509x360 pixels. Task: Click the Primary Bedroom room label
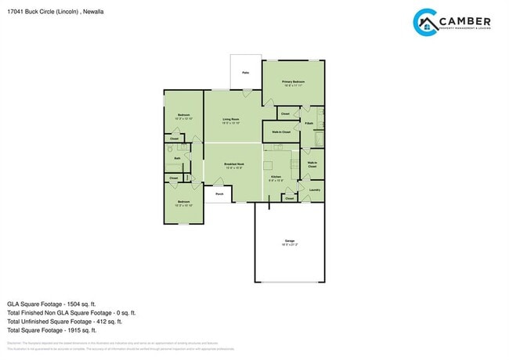coord(293,81)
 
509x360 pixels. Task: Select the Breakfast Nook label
coord(234,164)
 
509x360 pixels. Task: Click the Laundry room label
coord(314,189)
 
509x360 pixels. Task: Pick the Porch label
coord(219,193)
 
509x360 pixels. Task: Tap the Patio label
coord(245,73)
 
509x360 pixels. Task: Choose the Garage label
coord(289,240)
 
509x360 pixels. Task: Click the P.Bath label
coord(309,124)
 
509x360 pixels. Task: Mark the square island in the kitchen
coord(269,165)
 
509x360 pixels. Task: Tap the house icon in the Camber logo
coord(428,24)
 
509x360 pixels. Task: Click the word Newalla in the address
coord(93,12)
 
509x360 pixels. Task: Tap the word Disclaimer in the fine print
coord(14,344)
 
